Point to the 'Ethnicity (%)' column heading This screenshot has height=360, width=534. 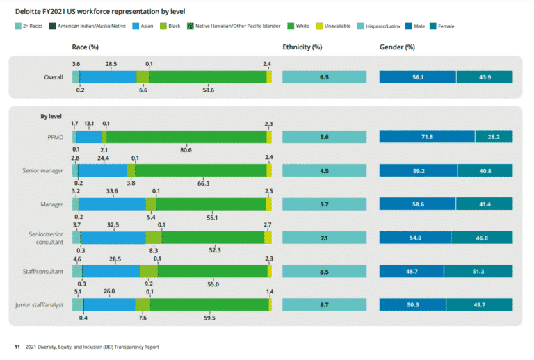click(x=302, y=47)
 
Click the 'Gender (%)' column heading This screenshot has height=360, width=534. click(x=397, y=47)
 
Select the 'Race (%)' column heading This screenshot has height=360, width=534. click(x=86, y=47)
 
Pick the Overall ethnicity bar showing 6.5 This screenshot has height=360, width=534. click(x=324, y=77)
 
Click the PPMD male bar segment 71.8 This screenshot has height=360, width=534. click(x=426, y=137)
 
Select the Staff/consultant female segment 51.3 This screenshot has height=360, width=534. click(x=478, y=271)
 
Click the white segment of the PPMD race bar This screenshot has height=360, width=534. click(x=185, y=137)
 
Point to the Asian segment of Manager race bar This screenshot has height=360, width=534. click(x=113, y=204)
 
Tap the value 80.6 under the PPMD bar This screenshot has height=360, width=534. click(x=186, y=150)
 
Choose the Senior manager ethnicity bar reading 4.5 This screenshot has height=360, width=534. click(x=324, y=170)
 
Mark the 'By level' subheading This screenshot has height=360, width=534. click(x=52, y=116)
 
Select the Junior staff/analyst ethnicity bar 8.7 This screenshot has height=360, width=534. click(x=324, y=305)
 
